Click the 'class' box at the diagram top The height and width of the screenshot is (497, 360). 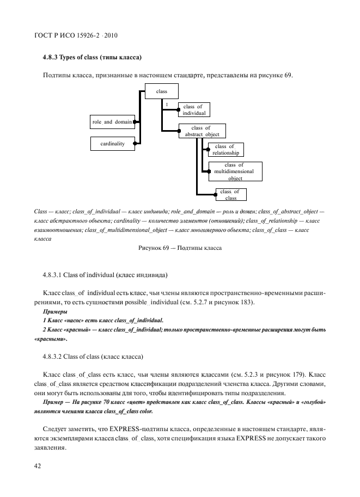(161, 92)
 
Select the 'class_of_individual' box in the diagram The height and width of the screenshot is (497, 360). (194, 109)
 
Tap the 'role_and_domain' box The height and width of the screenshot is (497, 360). (111, 122)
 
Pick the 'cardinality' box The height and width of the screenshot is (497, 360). (112, 144)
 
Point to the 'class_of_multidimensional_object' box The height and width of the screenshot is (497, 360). (235, 171)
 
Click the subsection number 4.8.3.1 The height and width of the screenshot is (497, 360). (56, 273)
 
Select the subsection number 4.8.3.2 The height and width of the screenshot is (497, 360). (56, 357)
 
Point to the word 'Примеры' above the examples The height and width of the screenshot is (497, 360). (53, 311)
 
